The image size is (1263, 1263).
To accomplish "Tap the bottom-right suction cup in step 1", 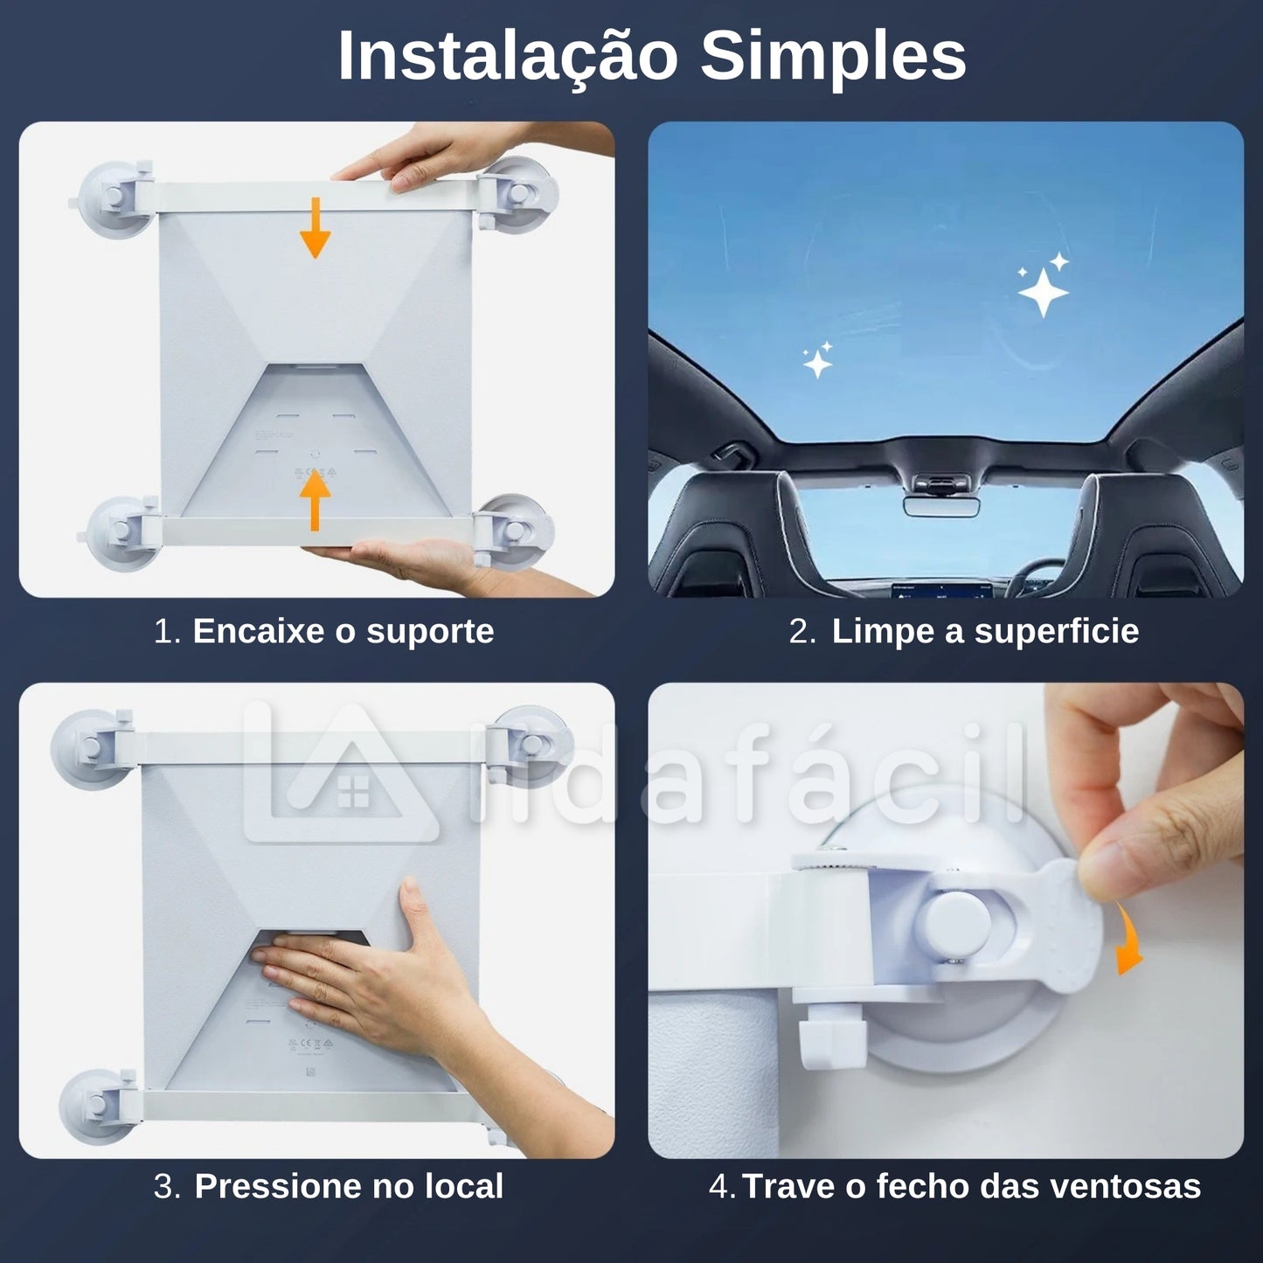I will coord(516,529).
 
